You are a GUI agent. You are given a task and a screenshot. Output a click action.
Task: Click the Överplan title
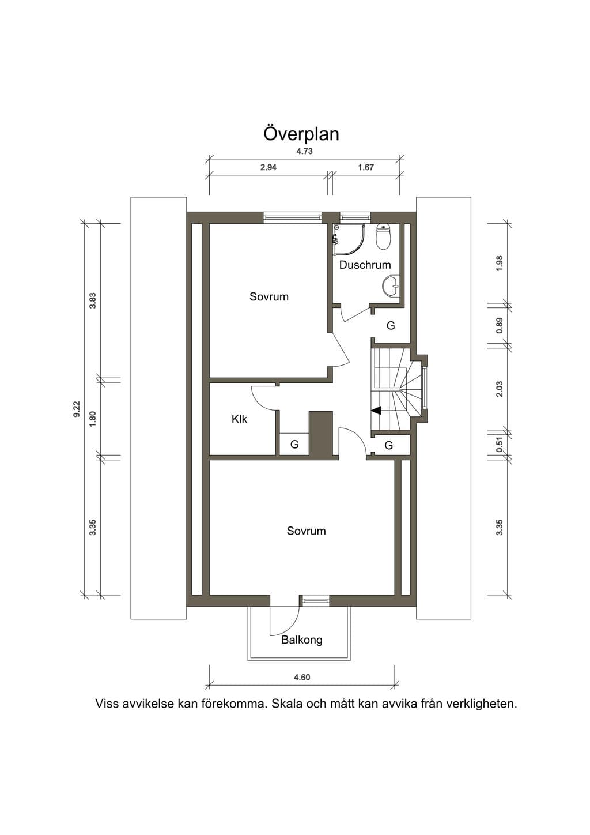coord(301,134)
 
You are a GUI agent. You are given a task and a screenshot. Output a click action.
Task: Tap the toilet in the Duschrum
coord(383,236)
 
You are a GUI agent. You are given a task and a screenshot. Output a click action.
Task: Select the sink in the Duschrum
coord(391,286)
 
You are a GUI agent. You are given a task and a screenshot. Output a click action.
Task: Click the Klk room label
coord(239,419)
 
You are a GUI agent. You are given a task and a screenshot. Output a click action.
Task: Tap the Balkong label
coord(302,640)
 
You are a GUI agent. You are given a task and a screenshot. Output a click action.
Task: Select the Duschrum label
coord(365,265)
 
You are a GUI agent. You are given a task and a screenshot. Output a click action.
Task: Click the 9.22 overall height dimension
coord(77,409)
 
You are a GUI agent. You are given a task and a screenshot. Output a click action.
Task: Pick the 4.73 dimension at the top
coord(304,151)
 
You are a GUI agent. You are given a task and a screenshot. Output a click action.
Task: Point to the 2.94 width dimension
coord(268,167)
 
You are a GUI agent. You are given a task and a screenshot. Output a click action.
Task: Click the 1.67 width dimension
coord(366,167)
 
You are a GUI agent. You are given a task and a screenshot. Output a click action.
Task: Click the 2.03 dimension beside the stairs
coord(500,389)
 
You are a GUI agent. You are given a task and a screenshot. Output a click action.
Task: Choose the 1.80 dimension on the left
coord(93,419)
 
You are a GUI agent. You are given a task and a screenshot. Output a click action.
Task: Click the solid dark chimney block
coord(321,433)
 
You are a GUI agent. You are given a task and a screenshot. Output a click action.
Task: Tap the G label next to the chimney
coord(294,445)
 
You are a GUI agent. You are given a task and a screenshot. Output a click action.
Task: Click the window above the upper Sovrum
coord(292,217)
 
